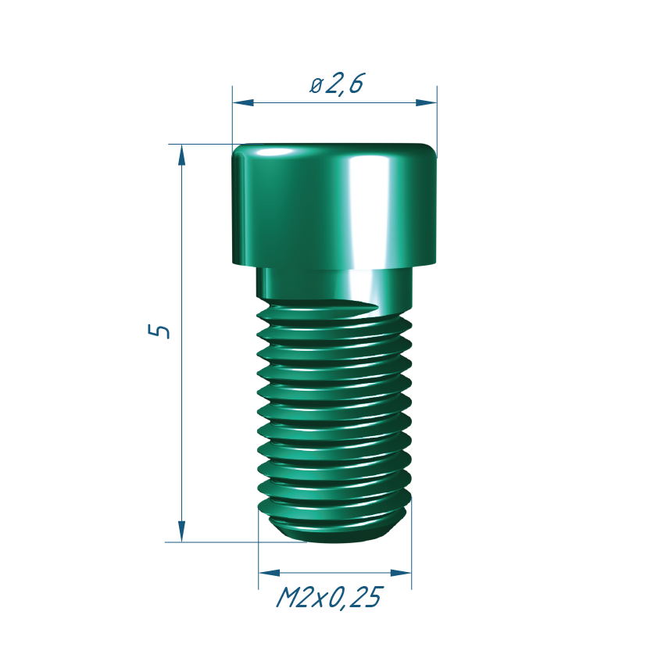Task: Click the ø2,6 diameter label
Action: coord(337,84)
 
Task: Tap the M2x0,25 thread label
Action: coord(330,597)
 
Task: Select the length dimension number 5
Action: coord(159,331)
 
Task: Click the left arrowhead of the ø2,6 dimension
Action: coord(243,103)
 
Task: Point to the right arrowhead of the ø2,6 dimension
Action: coord(426,103)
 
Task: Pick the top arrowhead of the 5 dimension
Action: coord(182,155)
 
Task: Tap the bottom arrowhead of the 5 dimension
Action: coord(182,531)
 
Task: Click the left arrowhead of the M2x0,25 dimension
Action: coord(270,573)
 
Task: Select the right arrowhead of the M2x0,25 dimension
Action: coord(401,573)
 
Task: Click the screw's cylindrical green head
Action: coord(334,206)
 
